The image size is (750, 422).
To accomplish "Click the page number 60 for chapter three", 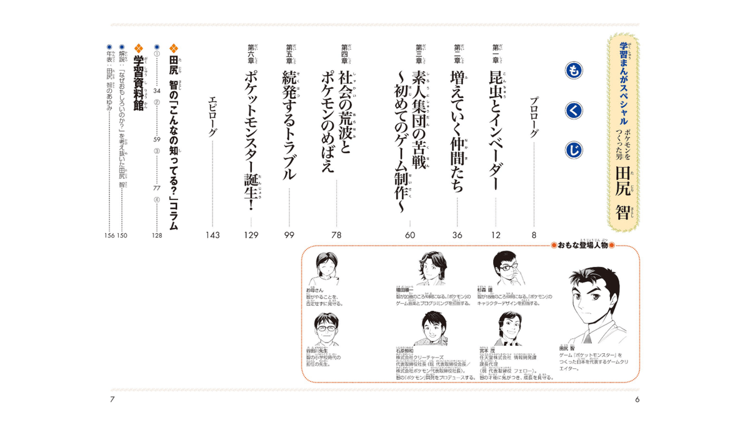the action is (x=410, y=236).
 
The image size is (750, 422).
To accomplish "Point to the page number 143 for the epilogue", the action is (x=213, y=236).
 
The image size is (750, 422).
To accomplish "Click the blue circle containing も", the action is (x=574, y=71).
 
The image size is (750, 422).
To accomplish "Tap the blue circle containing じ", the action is (x=574, y=149).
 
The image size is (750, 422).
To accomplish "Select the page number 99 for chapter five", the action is (x=289, y=236).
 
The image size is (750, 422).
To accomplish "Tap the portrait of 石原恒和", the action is (x=431, y=328).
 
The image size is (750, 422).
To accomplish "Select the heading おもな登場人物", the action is (x=582, y=246).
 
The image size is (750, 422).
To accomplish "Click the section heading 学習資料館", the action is (x=139, y=75).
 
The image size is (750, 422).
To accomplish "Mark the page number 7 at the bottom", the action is (x=112, y=399).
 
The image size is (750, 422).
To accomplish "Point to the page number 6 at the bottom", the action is (x=637, y=399).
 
